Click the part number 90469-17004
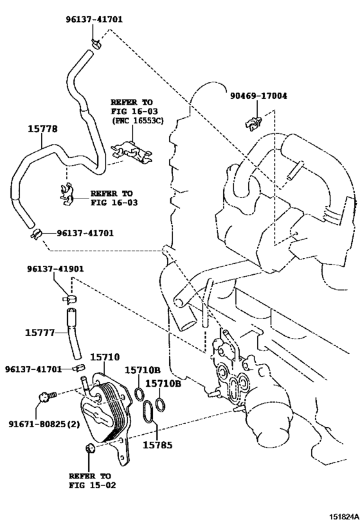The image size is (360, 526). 258,96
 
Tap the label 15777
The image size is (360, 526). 40,333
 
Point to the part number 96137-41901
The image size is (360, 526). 56,269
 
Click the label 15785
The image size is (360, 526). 157,445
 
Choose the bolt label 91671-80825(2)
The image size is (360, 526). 44,424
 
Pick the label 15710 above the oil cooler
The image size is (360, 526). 105,357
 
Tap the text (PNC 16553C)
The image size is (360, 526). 137,120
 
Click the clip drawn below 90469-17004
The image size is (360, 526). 253,124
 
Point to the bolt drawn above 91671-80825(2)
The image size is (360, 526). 46,396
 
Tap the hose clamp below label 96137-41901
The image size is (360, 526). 70,298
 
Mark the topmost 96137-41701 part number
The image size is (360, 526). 94,20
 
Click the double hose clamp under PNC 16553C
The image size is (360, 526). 132,153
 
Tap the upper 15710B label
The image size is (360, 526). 143,370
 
